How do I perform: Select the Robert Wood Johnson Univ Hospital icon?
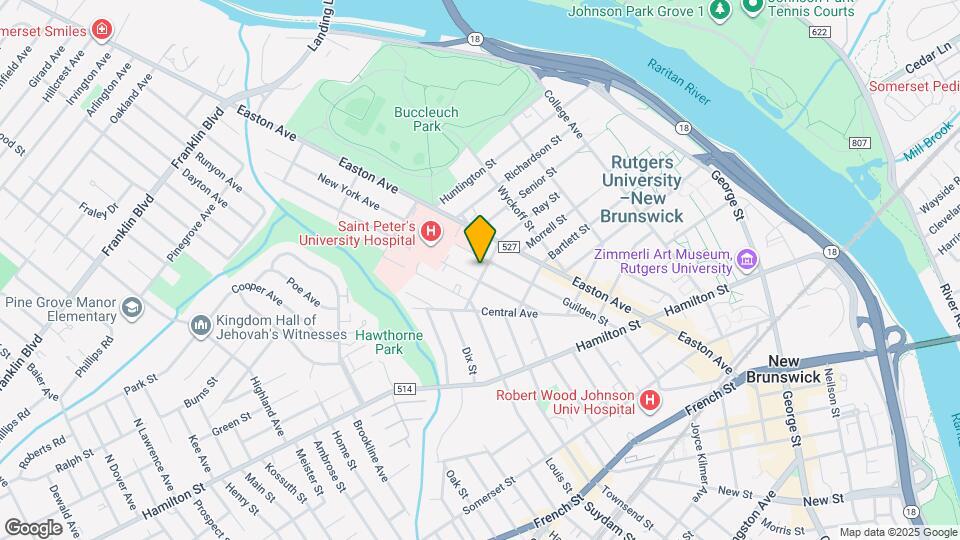point(650,401)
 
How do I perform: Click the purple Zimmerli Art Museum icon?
point(746,261)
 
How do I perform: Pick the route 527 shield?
point(509,246)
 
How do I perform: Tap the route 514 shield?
point(404,389)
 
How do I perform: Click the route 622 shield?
point(820,33)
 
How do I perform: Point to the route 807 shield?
point(859,143)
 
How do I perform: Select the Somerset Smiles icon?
point(101,30)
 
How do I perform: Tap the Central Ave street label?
point(509,313)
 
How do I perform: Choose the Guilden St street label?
point(585,310)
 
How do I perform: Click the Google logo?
point(33,527)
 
